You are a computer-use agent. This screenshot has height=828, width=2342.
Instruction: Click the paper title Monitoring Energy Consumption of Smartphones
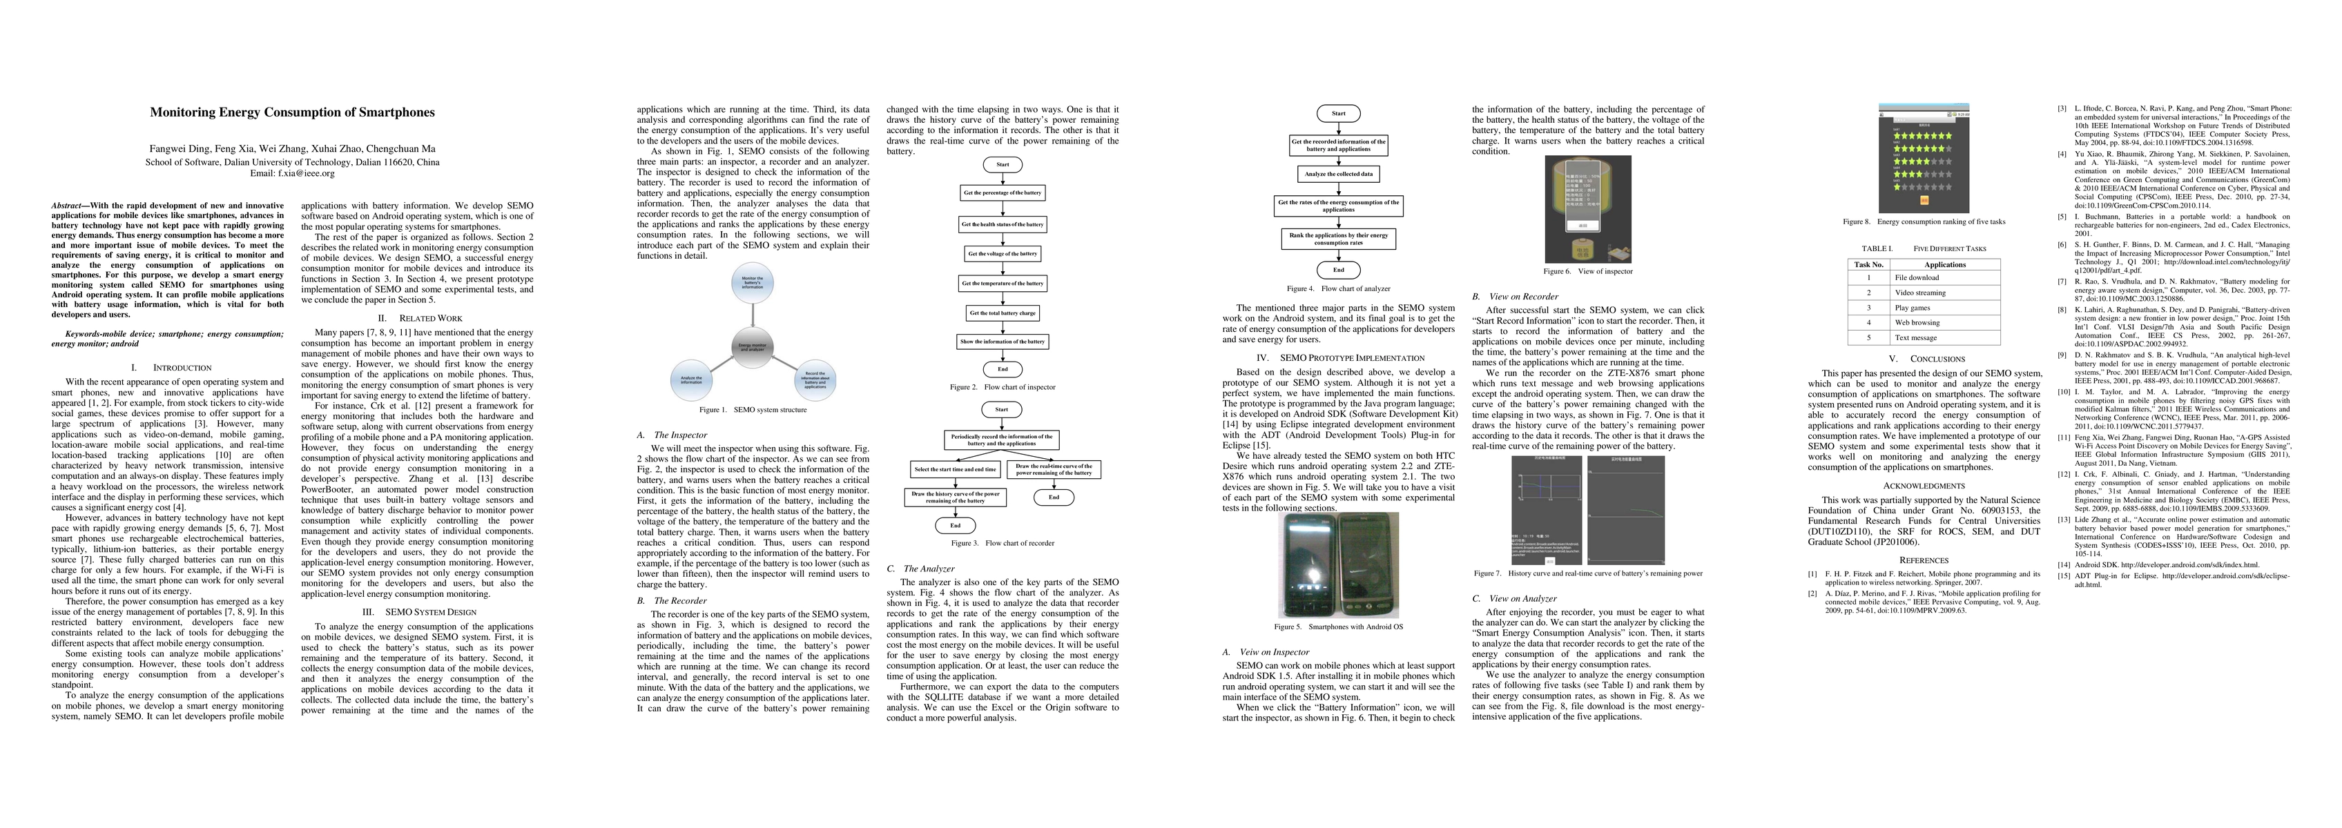point(292,112)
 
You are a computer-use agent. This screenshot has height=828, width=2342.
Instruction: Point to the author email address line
point(292,172)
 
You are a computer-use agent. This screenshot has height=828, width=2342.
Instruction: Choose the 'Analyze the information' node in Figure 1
point(692,381)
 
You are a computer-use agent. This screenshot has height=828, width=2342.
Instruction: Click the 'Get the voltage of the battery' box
point(1002,254)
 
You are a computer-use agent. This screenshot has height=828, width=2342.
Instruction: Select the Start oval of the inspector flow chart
point(1002,164)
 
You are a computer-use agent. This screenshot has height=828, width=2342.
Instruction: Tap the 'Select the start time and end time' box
point(956,470)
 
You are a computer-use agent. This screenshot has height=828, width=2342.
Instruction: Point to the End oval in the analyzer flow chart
point(1338,270)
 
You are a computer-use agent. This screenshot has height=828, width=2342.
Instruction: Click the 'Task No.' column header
point(1868,264)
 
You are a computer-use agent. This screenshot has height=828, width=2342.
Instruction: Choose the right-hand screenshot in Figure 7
point(1625,509)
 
